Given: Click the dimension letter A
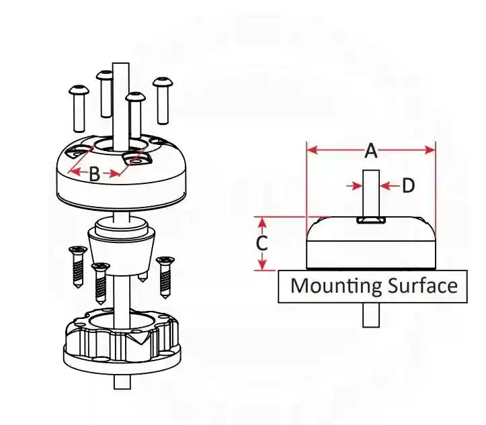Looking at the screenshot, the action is (x=371, y=151).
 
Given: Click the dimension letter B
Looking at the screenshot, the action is (x=95, y=173).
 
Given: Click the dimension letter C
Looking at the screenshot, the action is (x=262, y=243).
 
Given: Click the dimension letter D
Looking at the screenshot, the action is (x=408, y=186).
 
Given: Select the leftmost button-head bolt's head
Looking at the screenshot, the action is (x=79, y=90).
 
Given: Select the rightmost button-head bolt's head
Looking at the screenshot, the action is (x=163, y=82).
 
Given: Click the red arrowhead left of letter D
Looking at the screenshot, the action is (x=358, y=186).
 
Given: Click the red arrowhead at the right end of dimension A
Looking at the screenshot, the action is (x=430, y=150).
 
